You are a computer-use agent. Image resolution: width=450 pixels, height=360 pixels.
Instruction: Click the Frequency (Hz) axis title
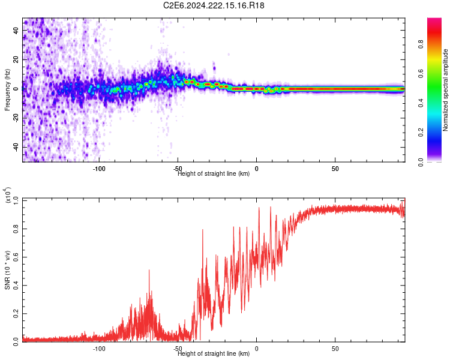(x=7, y=89)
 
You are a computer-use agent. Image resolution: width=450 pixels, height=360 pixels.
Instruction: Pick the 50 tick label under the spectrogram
(x=335, y=169)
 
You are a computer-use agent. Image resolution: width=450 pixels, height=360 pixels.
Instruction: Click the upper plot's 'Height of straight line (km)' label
(x=215, y=173)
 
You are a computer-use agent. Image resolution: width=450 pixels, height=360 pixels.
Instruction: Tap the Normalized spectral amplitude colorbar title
(x=446, y=89)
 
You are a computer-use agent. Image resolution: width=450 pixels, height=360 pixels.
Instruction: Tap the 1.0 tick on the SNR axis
(x=16, y=199)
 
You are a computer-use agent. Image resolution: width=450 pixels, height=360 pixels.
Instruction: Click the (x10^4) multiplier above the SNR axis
(x=8, y=195)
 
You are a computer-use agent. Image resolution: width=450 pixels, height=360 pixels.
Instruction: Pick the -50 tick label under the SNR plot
(x=178, y=349)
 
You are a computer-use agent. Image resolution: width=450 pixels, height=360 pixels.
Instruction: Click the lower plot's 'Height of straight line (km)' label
(x=215, y=353)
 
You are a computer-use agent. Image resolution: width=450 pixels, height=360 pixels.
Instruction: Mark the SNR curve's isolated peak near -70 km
(x=149, y=271)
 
